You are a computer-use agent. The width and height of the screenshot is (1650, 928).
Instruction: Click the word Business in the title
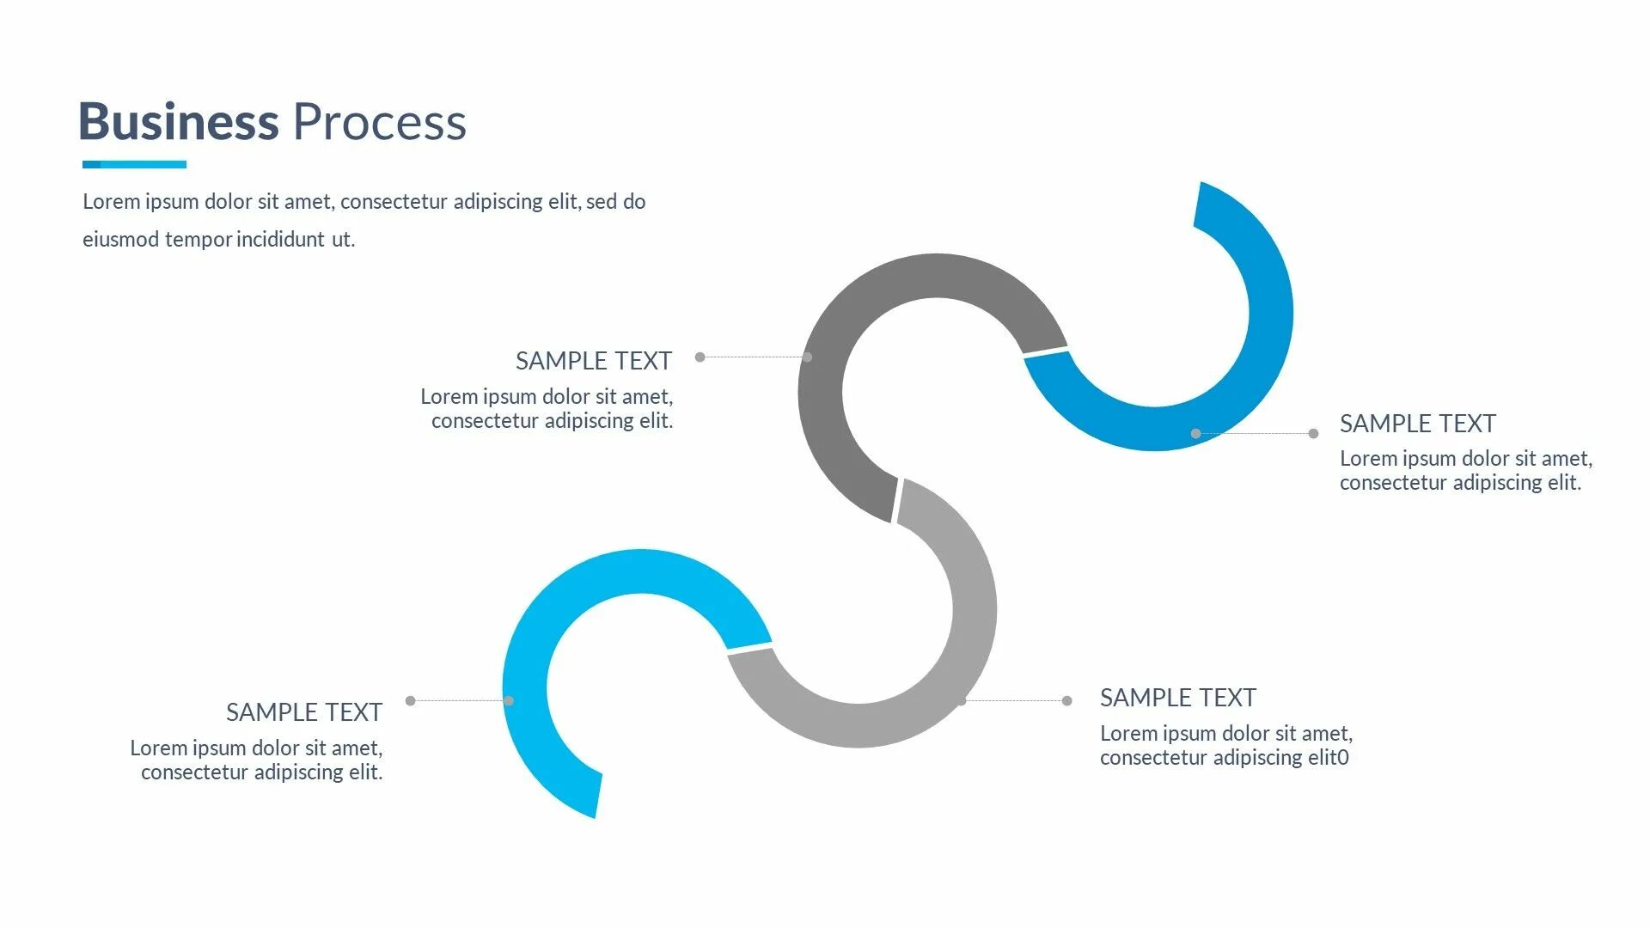[179, 122]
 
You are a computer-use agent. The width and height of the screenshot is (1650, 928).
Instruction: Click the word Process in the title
[379, 122]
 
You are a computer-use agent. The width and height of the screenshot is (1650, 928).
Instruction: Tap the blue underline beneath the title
[134, 164]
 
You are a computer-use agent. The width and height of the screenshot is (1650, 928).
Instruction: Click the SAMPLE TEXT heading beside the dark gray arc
[593, 361]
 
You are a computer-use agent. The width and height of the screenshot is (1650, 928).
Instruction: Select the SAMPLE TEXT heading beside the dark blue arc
[1417, 424]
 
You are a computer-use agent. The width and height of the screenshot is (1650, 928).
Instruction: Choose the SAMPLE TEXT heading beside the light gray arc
[1177, 698]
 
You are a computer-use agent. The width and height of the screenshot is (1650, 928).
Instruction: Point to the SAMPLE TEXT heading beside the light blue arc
[303, 712]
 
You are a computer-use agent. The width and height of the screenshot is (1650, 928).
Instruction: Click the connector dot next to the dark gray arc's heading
[700, 357]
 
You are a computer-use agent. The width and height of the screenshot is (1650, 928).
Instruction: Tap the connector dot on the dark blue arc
[1195, 434]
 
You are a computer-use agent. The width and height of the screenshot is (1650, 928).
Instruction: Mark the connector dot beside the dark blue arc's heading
[1313, 434]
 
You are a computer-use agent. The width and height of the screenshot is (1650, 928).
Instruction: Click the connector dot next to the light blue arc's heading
[410, 701]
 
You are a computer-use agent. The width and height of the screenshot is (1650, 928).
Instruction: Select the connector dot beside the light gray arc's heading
[1066, 701]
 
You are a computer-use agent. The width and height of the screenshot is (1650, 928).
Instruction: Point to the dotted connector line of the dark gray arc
[754, 357]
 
